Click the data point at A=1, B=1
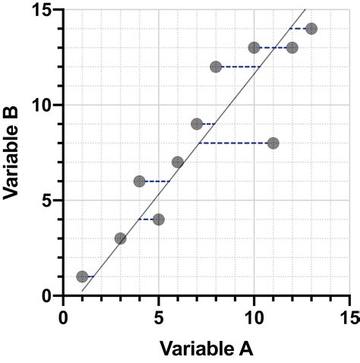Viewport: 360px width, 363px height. pyautogui.click(x=82, y=276)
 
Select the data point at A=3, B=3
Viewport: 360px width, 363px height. pyautogui.click(x=120, y=238)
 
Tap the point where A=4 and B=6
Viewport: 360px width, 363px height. pyautogui.click(x=139, y=181)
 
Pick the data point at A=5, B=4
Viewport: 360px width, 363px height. pyautogui.click(x=158, y=219)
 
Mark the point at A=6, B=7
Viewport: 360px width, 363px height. pyautogui.click(x=178, y=162)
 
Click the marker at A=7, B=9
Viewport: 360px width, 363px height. pyautogui.click(x=197, y=124)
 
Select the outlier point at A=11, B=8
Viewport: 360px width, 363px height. pyautogui.click(x=273, y=143)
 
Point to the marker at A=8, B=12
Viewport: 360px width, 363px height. pyautogui.click(x=216, y=67)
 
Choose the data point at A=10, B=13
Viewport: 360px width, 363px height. pyautogui.click(x=254, y=48)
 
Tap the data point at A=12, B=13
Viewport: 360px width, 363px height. pyautogui.click(x=292, y=48)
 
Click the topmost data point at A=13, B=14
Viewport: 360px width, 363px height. pyautogui.click(x=311, y=29)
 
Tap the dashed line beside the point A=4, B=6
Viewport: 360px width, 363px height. pyautogui.click(x=157, y=181)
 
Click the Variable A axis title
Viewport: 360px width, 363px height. pyautogui.click(x=205, y=349)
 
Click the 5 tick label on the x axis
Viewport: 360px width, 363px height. pyautogui.click(x=158, y=314)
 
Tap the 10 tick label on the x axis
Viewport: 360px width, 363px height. pyautogui.click(x=254, y=314)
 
